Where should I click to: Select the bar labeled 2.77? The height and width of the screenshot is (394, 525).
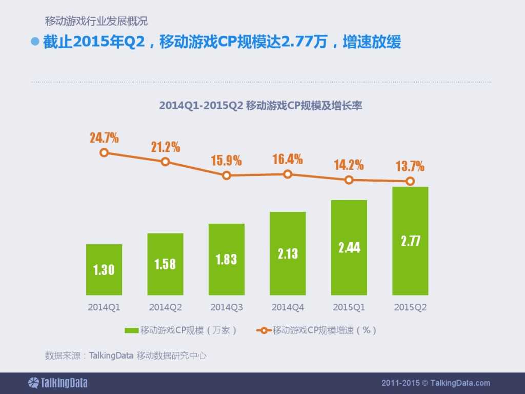coord(410,241)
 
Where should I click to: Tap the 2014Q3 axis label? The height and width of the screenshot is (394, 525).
coord(227,308)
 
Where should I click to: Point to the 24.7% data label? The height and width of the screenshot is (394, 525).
coord(104,137)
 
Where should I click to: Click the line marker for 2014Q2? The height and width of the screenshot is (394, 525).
coord(165,162)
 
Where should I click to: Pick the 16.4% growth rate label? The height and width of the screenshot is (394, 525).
coord(288,159)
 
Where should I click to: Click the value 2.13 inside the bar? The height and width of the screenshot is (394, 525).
coord(288,253)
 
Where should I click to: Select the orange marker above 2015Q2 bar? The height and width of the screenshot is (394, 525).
coord(410,181)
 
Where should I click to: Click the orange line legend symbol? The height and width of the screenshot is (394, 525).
coord(263,330)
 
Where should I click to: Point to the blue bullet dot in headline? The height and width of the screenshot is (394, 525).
coord(35,42)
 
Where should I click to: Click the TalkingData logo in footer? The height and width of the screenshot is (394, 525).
coord(57,383)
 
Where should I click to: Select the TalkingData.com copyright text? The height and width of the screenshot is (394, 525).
coord(436,383)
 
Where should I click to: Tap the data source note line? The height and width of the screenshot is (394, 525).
coord(126,355)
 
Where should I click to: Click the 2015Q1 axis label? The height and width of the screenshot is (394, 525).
coord(349,308)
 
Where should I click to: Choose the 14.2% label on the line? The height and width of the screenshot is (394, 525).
coord(349,165)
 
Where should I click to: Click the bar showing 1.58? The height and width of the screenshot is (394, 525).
coord(165,264)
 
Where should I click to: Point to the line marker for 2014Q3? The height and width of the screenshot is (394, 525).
coord(227,175)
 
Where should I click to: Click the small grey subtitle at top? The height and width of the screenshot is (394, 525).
coord(96,22)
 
